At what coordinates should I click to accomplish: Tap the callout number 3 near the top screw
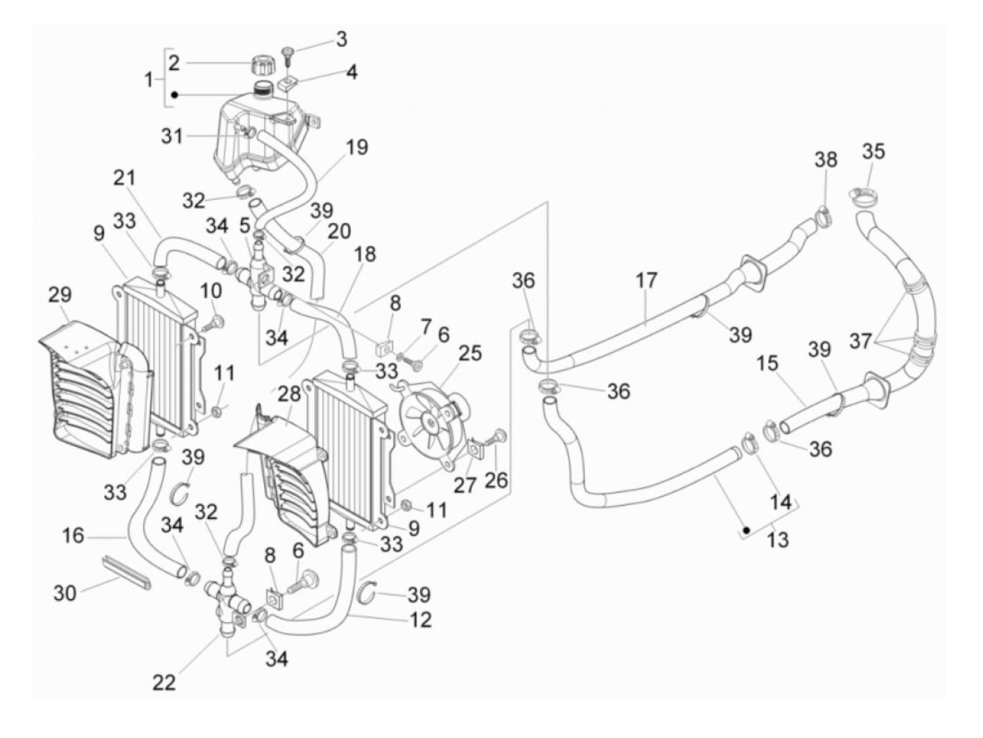pos(341,39)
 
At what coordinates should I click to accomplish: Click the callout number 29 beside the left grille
pos(60,295)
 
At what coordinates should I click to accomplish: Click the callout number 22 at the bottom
pos(164,683)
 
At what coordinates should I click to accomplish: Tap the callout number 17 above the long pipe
pos(646,281)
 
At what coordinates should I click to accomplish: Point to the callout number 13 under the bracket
pos(777,540)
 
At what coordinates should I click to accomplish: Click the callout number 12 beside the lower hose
pos(420,620)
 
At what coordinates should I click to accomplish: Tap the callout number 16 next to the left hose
pos(73,535)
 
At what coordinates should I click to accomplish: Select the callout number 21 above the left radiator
pos(124,178)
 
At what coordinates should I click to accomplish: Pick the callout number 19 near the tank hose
pos(357,147)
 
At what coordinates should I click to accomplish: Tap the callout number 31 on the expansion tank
pos(172,135)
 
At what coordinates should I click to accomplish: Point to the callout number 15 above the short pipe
pos(767,363)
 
